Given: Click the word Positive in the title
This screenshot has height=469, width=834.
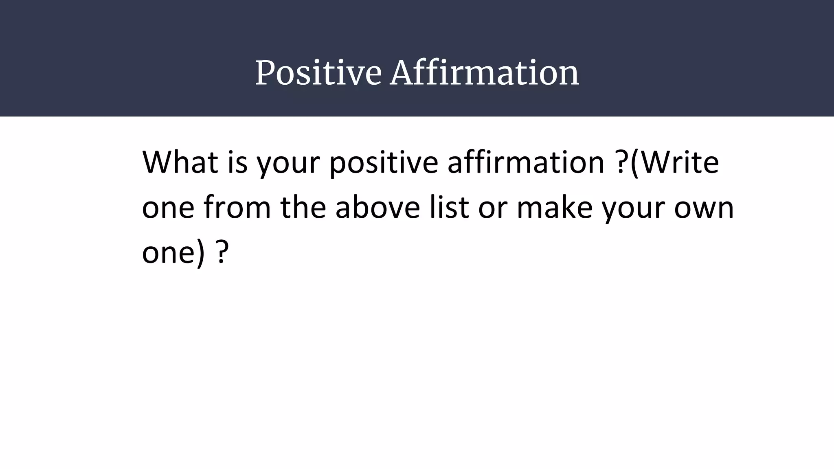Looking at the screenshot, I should pos(318,73).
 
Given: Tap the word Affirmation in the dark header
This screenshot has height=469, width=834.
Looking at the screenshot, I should pos(484,73).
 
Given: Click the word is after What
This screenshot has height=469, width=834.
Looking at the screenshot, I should pos(237,162).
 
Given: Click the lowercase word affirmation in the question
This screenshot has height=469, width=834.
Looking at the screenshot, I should pos(526,162).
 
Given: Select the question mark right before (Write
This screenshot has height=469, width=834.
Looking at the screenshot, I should pos(621,162).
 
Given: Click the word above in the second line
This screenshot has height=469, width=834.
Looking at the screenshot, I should pos(377,207).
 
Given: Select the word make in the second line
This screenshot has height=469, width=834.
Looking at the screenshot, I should pos(554,207).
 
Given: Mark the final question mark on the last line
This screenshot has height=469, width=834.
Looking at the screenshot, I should pos(221,252).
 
